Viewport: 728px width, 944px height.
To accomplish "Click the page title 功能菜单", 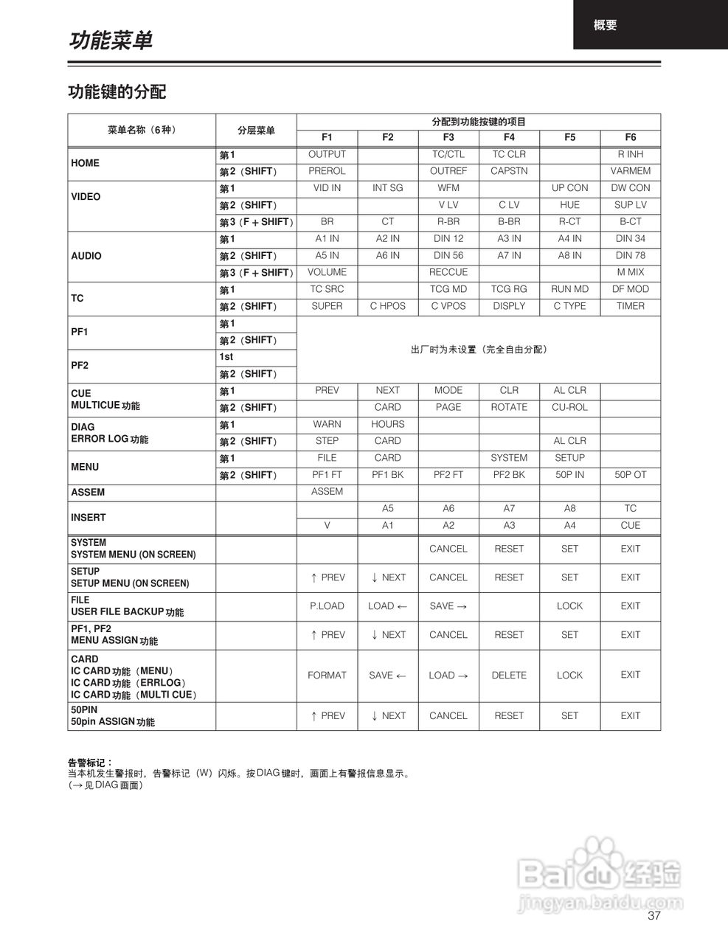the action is tap(111, 41).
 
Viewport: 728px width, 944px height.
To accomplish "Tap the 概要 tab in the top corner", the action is tap(605, 25).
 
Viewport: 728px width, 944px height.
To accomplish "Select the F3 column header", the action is tap(448, 137).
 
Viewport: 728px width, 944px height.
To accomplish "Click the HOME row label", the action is tap(85, 163).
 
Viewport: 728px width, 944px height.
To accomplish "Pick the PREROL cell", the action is tap(327, 171).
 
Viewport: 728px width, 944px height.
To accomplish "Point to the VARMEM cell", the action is tap(630, 171).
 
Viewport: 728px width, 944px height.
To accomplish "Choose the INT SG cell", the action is tap(387, 188).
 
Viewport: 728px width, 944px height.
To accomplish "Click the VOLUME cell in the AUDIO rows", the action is tap(327, 272).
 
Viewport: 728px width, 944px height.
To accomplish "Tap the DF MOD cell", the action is tap(630, 289).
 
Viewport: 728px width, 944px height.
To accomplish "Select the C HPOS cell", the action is tap(387, 306).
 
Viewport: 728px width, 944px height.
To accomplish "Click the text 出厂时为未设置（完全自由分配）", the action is tap(479, 350).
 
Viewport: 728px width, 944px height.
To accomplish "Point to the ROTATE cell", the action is tap(509, 407).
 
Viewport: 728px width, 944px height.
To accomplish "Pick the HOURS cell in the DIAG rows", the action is tap(387, 424).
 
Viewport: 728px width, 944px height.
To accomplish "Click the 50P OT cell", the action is tap(630, 475).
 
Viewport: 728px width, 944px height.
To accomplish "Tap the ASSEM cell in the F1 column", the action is tap(327, 491).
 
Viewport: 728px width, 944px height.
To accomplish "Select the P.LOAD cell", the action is tap(327, 606).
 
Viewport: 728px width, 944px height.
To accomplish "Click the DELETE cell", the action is tap(509, 675).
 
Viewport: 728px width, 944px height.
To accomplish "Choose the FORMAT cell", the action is tap(327, 675).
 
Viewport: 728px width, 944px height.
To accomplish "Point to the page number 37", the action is tap(654, 916).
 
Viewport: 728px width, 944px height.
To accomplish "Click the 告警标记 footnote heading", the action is tap(90, 763).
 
